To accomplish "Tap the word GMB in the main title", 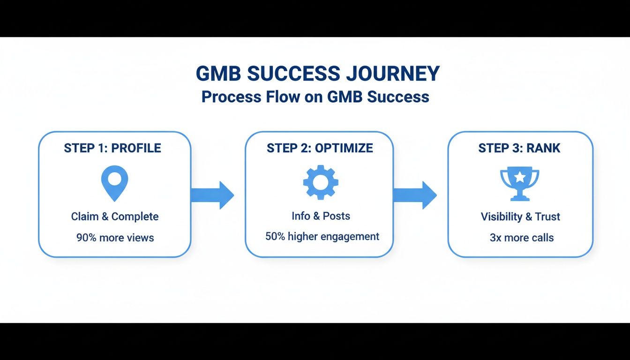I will pyautogui.click(x=217, y=74).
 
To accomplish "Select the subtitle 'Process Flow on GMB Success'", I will pyautogui.click(x=315, y=97).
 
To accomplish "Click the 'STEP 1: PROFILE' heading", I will pyautogui.click(x=112, y=148).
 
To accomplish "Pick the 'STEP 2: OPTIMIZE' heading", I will pyautogui.click(x=320, y=148).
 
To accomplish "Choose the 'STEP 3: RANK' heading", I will pyautogui.click(x=519, y=148).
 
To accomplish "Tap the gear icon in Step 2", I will pyautogui.click(x=321, y=182).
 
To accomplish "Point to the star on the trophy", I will pyautogui.click(x=520, y=177).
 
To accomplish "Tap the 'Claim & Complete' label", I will pyautogui.click(x=115, y=217).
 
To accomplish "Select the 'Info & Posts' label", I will pyautogui.click(x=321, y=216).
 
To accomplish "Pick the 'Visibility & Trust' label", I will pyautogui.click(x=520, y=217).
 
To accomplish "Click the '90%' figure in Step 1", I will pyautogui.click(x=86, y=238).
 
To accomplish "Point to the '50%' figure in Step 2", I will pyautogui.click(x=275, y=236).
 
